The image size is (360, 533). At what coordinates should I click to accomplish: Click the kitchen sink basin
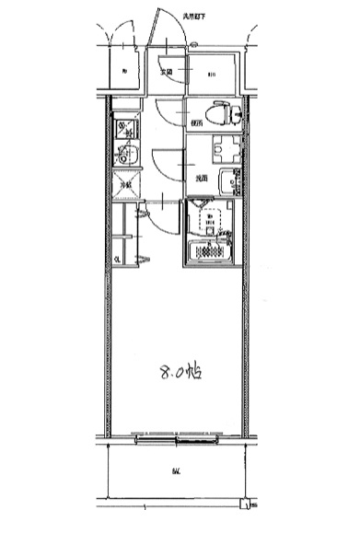click(x=127, y=156)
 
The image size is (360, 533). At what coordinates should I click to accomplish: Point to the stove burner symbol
click(x=125, y=129)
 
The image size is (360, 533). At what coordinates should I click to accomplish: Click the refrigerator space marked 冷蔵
click(x=126, y=184)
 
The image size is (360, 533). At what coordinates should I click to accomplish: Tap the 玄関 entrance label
click(x=166, y=72)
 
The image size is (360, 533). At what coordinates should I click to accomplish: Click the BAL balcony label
click(x=174, y=473)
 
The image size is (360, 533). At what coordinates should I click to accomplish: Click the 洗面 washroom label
click(x=200, y=179)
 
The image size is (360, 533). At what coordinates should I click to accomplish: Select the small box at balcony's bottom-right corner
click(x=244, y=504)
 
